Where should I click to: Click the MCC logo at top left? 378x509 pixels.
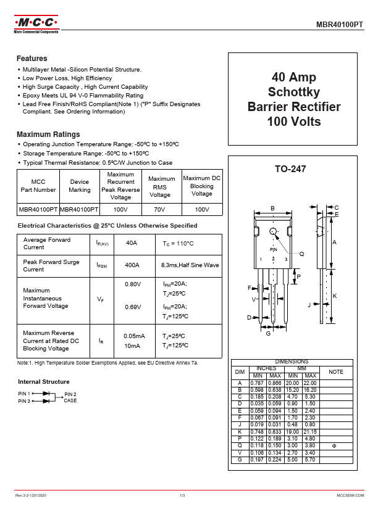tap(36, 25)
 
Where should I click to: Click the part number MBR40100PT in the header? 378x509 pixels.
tap(340, 25)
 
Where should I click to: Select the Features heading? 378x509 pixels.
tap(32, 59)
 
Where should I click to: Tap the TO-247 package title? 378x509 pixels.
tap(290, 169)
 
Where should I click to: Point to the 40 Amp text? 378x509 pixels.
tap(294, 78)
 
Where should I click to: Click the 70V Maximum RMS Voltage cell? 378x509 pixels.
tap(160, 210)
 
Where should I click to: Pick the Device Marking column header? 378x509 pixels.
tap(79, 186)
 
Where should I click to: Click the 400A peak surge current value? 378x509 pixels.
tap(132, 265)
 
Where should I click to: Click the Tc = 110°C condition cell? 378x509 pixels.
tap(178, 244)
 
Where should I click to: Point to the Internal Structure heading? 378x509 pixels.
tap(44, 382)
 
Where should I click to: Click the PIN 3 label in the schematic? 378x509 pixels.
tap(24, 401)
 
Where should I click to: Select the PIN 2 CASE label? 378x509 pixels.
tap(70, 397)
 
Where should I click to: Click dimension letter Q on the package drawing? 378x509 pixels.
tap(301, 254)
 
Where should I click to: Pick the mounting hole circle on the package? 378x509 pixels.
tap(274, 231)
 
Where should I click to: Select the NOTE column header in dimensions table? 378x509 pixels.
tap(336, 372)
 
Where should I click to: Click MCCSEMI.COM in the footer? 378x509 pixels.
tap(350, 495)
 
